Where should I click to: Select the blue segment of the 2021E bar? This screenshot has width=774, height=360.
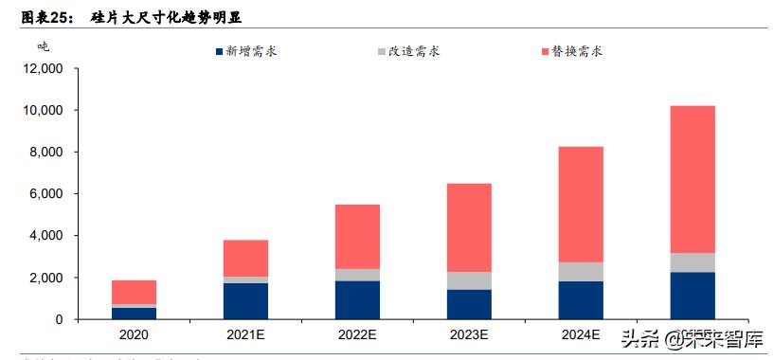[245, 300]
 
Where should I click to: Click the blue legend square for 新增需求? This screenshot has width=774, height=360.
[221, 51]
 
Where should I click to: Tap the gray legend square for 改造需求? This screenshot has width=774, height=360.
[381, 51]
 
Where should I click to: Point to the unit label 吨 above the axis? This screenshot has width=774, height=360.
[44, 45]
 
